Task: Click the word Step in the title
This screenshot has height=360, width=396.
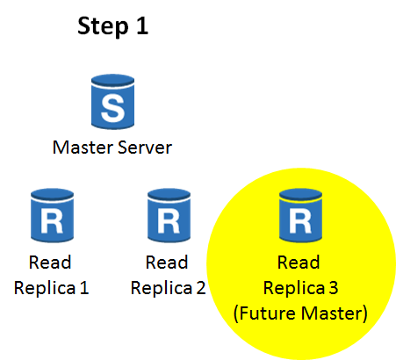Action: [103, 27]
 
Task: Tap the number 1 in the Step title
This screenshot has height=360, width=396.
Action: [142, 25]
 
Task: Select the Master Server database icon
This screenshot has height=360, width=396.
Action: [112, 102]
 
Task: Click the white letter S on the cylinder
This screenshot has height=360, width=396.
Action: [112, 108]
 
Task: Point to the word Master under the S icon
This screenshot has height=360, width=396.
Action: [83, 148]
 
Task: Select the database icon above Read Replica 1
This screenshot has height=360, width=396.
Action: [52, 215]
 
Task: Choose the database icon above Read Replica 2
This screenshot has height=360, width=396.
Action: [169, 215]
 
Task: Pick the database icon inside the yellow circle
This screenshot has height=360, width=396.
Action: [300, 215]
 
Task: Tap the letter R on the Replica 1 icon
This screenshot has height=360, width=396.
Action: [52, 221]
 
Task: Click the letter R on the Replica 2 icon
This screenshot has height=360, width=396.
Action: [169, 221]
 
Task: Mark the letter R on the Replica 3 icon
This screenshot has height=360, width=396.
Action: [300, 221]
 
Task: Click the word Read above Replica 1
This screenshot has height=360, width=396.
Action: [50, 262]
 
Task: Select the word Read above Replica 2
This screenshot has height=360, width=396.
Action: [167, 262]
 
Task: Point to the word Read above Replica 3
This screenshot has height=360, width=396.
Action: [299, 262]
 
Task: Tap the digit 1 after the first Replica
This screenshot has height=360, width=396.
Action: [84, 288]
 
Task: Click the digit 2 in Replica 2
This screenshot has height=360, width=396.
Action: [201, 288]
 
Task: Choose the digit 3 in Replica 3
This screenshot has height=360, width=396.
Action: [334, 288]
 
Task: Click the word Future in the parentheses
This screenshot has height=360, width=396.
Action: [268, 313]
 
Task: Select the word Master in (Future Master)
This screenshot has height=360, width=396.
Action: [332, 313]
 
